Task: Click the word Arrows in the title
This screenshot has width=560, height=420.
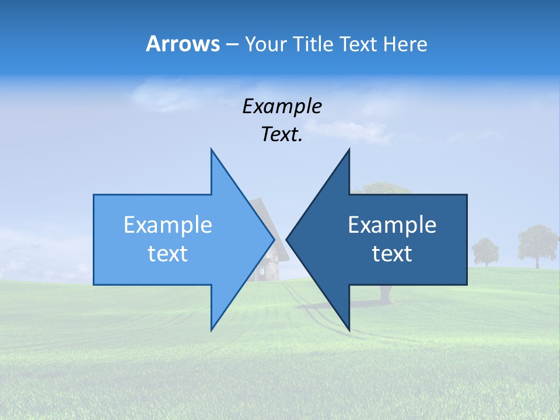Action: click(x=183, y=44)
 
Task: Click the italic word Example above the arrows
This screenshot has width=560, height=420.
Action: click(x=282, y=106)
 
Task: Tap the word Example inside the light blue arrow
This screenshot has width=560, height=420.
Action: click(x=168, y=225)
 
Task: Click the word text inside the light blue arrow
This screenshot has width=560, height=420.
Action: click(x=168, y=253)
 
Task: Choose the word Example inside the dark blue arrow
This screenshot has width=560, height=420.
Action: click(x=392, y=225)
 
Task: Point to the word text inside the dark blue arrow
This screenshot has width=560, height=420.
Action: click(x=392, y=253)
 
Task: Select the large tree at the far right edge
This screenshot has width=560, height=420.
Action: click(x=537, y=244)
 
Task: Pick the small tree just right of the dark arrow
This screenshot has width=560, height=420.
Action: click(x=485, y=251)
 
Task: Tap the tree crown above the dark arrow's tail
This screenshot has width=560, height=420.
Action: click(x=382, y=188)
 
